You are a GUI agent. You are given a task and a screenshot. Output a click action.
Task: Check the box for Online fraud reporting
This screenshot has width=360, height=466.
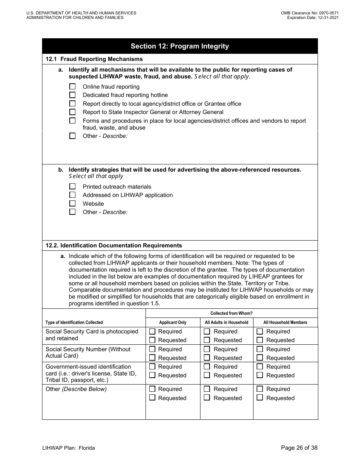(x=72, y=87)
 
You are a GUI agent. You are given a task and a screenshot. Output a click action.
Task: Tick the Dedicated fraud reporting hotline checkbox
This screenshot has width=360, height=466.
(x=72, y=95)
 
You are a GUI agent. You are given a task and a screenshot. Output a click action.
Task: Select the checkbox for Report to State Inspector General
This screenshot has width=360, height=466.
(x=72, y=112)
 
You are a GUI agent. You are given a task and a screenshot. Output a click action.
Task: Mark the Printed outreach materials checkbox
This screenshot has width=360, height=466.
(x=72, y=187)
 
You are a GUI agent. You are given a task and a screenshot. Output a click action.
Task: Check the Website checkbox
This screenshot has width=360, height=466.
(x=72, y=204)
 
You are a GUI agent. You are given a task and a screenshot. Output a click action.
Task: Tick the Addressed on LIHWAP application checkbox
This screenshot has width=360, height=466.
(x=72, y=195)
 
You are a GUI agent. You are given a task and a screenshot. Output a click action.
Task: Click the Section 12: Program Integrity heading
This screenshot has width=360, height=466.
(x=180, y=46)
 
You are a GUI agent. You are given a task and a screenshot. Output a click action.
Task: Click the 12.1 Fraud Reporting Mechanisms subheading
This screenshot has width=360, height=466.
(x=94, y=59)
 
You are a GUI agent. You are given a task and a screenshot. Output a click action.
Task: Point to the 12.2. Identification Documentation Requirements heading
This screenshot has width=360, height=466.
(x=114, y=246)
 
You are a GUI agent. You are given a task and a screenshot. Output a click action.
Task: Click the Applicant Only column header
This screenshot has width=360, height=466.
(x=173, y=322)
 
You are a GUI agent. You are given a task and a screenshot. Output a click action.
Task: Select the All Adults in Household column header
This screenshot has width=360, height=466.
(x=227, y=322)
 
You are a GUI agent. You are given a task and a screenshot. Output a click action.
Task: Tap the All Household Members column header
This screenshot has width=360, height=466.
(x=285, y=322)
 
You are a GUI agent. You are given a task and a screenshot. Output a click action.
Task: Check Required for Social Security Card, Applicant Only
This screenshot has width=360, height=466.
(x=152, y=332)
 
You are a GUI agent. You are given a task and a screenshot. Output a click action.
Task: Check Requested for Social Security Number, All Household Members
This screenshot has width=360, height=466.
(x=260, y=358)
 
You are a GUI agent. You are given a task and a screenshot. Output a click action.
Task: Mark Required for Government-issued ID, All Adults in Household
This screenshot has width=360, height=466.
(x=207, y=367)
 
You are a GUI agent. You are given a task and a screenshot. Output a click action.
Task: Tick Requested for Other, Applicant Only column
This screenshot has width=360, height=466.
(x=152, y=398)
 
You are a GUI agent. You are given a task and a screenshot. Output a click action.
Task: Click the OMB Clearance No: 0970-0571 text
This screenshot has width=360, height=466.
(x=310, y=13)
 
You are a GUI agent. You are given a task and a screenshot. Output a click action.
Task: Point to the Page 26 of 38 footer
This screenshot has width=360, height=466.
(x=299, y=448)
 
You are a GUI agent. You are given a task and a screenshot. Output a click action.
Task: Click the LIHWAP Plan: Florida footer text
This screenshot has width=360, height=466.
(x=69, y=448)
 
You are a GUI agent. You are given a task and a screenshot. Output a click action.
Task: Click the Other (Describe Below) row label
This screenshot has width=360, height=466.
(x=76, y=389)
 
